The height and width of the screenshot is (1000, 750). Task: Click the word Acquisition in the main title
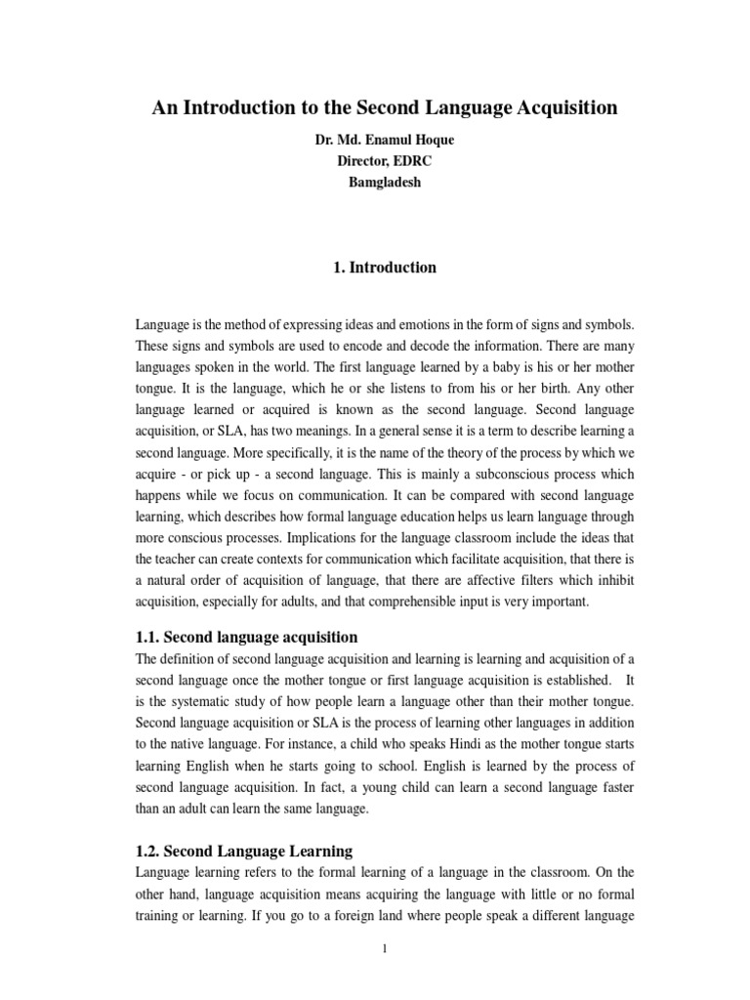pos(558,108)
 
